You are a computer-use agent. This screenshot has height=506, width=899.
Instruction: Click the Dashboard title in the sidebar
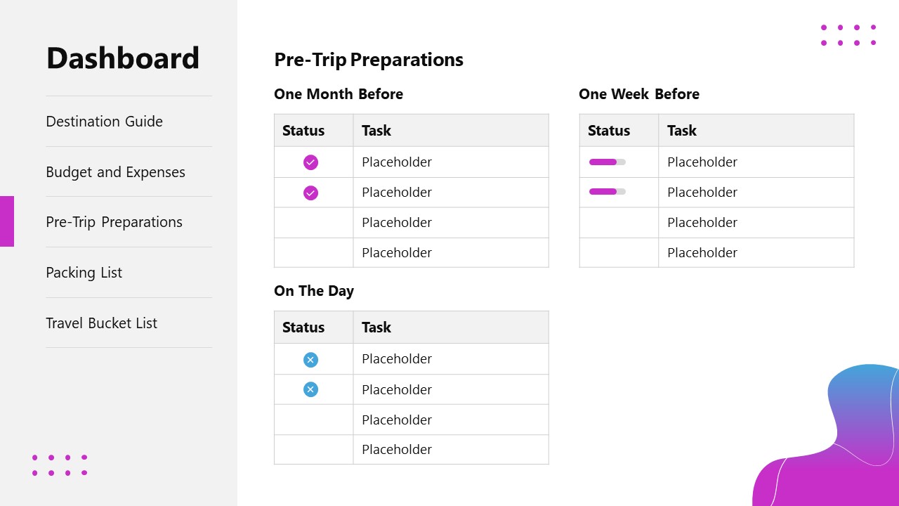(123, 58)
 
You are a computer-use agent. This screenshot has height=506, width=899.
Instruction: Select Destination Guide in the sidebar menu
(104, 122)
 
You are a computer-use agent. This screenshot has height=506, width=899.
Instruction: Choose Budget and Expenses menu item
(115, 172)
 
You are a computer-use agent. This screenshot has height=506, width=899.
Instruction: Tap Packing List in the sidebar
(84, 273)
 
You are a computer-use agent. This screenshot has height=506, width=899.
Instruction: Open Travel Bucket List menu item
(101, 323)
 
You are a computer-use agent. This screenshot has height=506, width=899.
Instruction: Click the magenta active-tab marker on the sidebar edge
(7, 221)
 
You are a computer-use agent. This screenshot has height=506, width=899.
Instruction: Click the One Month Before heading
(339, 94)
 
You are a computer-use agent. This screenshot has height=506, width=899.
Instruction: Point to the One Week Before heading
(639, 94)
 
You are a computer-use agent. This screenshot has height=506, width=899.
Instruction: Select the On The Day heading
(314, 291)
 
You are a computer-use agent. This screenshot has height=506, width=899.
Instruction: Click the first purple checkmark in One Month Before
(310, 162)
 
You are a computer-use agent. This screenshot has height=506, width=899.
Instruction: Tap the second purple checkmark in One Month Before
(310, 193)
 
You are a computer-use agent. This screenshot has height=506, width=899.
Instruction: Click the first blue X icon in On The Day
(310, 360)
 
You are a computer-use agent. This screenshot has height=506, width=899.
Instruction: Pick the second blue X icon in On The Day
(310, 389)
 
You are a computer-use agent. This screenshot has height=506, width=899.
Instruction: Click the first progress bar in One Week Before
(607, 162)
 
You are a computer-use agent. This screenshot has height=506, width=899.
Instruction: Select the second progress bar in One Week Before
(607, 192)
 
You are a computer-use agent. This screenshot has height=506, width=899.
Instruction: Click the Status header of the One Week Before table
(609, 131)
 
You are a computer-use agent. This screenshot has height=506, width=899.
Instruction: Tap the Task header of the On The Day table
(376, 327)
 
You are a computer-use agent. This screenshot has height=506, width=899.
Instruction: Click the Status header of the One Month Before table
(303, 131)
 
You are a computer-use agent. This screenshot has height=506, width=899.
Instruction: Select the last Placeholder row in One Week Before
(702, 253)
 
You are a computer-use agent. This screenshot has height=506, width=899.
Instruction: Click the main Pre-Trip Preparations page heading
(369, 60)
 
